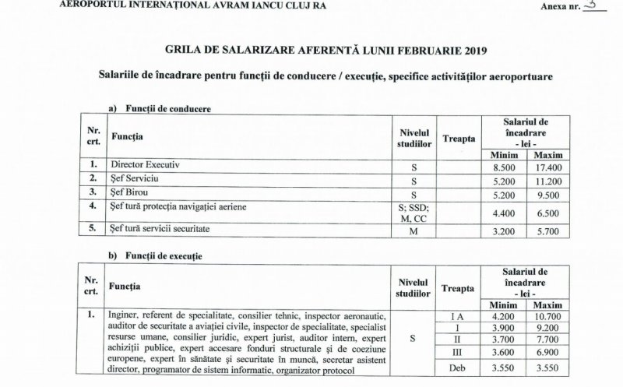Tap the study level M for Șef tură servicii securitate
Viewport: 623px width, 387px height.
(x=414, y=231)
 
